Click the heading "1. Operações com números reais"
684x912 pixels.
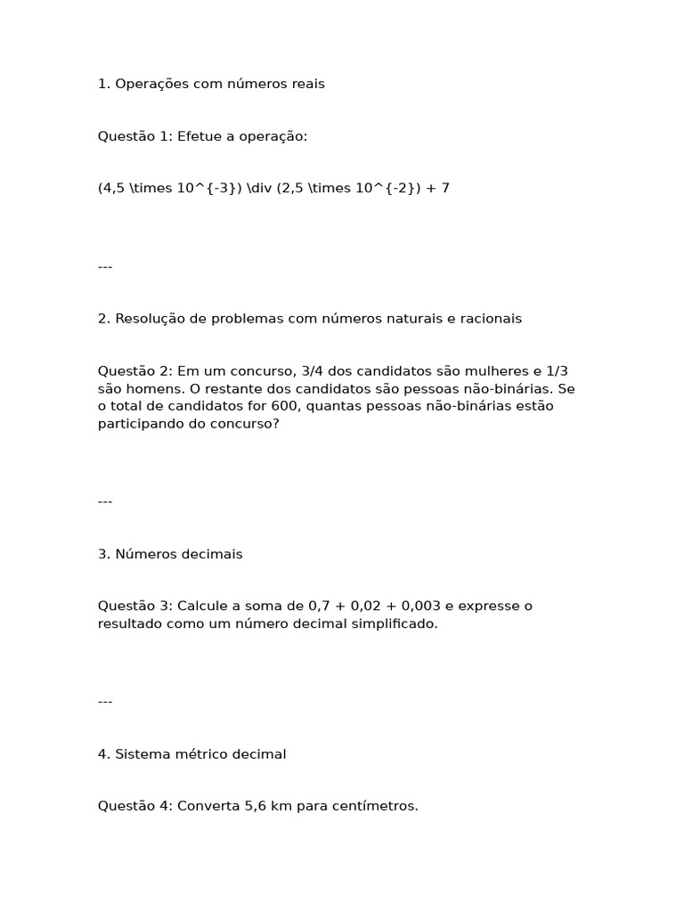[x=211, y=84]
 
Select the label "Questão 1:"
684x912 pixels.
[x=135, y=136]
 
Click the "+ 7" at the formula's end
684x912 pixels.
[x=438, y=188]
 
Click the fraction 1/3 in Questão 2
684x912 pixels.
[x=555, y=370]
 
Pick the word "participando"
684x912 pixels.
[x=138, y=424]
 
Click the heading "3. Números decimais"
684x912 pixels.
[x=170, y=554]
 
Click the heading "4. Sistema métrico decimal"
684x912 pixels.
[x=191, y=754]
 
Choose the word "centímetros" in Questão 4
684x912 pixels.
[x=376, y=806]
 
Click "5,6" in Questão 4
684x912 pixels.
[x=256, y=806]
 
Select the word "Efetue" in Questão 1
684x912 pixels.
[x=198, y=136]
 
